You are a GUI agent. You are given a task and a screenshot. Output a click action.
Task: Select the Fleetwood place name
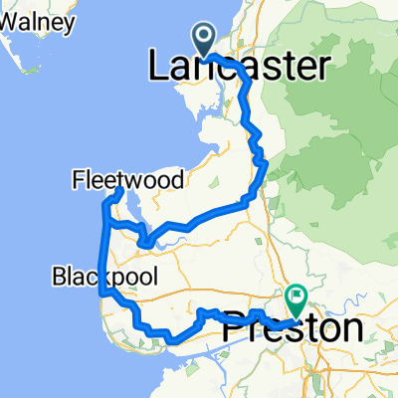128,180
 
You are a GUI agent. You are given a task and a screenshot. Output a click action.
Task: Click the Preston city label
292,328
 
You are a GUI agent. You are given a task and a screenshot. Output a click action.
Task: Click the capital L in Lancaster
158,68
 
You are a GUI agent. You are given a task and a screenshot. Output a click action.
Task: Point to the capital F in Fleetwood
79,180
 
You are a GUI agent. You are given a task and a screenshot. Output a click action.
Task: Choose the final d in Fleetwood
178,180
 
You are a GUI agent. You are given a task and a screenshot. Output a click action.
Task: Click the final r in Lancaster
322,68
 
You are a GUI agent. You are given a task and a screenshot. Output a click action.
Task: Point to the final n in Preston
350,328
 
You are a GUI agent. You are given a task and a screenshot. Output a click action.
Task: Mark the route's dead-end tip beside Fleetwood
120,189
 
